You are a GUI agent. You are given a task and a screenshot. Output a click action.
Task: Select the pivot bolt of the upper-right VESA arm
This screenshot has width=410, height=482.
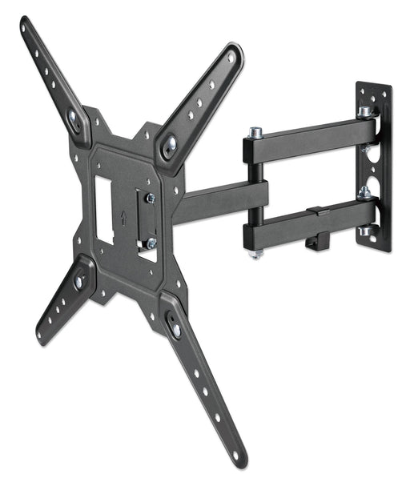pyautogui.click(x=170, y=146)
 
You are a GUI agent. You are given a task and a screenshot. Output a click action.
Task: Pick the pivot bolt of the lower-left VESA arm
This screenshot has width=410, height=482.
pyautogui.click(x=81, y=281)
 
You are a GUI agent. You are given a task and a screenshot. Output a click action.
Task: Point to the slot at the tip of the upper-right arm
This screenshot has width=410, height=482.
pyautogui.click(x=231, y=57)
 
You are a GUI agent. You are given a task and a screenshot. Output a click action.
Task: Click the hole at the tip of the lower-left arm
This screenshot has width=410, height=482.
pyautogui.click(x=40, y=335)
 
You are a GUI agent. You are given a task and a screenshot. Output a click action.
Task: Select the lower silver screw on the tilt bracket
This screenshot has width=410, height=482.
pyautogui.click(x=150, y=243)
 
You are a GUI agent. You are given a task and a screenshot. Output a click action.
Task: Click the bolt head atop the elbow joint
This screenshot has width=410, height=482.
pyautogui.click(x=255, y=131)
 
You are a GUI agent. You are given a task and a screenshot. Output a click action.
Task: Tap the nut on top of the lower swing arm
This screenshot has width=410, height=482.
pyautogui.click(x=364, y=193)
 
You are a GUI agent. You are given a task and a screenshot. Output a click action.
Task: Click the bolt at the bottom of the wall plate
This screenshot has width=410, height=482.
pyautogui.click(x=367, y=232)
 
